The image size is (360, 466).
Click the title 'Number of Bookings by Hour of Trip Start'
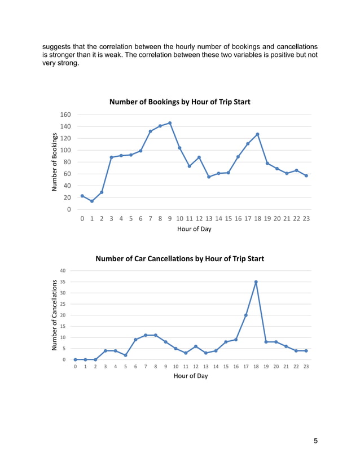click(179, 102)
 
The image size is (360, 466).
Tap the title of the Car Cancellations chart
click(179, 259)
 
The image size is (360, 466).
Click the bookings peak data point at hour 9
click(170, 123)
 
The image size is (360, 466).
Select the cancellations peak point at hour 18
click(256, 282)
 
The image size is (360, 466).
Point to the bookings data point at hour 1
click(92, 201)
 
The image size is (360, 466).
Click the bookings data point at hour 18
click(257, 134)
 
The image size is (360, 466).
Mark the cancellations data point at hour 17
click(246, 315)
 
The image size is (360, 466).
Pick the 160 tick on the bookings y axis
click(65, 115)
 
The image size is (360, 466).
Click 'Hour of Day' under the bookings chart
click(194, 229)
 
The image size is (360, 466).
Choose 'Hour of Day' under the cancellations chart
click(191, 376)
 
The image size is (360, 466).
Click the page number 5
click(315, 441)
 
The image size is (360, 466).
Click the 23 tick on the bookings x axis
click(306, 218)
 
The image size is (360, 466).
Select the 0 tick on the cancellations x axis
click(76, 367)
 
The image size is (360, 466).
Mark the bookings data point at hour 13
click(209, 177)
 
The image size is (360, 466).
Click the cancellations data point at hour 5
click(125, 355)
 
